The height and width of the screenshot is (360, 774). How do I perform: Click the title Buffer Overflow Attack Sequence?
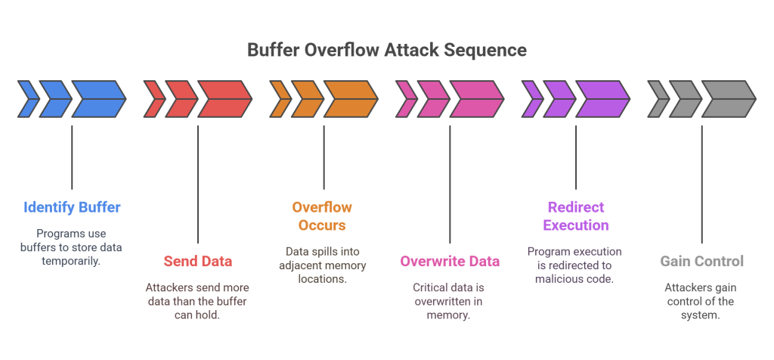point(387,51)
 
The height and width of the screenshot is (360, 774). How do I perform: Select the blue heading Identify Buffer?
point(72,207)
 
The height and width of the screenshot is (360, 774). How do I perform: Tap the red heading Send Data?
point(198,262)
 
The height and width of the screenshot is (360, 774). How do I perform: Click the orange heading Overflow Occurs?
point(323,216)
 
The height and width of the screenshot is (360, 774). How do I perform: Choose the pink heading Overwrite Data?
point(450,262)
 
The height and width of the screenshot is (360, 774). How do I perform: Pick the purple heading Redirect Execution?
point(577,216)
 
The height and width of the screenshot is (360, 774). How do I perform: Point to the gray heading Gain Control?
point(702,262)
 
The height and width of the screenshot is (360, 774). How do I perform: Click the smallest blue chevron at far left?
point(29,99)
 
